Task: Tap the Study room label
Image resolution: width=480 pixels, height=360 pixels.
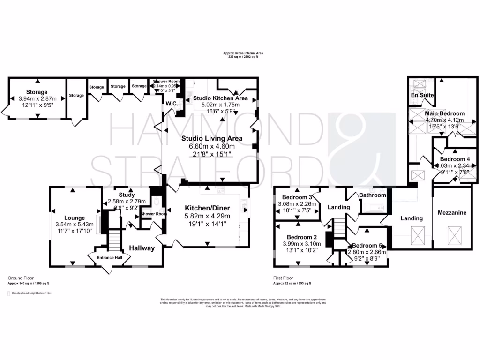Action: (127, 195)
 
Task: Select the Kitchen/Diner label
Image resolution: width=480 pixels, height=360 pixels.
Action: (207, 208)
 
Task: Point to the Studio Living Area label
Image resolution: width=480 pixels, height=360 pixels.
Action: (212, 138)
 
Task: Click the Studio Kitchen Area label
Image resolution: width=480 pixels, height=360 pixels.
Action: (220, 98)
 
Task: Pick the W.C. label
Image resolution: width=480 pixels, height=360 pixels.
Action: (171, 103)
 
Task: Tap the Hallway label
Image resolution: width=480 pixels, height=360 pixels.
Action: (142, 248)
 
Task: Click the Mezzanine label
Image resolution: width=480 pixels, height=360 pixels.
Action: (452, 213)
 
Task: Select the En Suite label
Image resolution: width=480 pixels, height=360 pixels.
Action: (421, 95)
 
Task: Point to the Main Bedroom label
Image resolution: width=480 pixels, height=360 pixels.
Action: (444, 113)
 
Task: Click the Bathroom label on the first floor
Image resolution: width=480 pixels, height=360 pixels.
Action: (373, 195)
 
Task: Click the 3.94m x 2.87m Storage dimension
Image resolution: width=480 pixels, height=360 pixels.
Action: (37, 99)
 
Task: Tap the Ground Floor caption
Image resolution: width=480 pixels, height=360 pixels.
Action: (21, 278)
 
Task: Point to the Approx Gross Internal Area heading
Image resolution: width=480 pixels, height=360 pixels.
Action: (243, 53)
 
